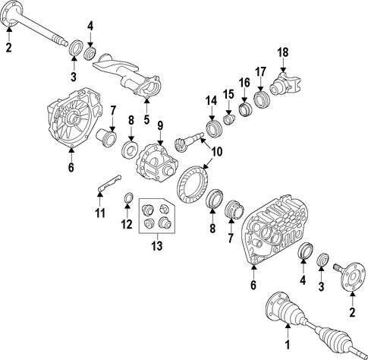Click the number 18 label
[x=283, y=52]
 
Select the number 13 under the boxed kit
[x=156, y=245]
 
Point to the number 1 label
[x=287, y=345]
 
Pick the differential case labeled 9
[x=157, y=162]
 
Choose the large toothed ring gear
[x=193, y=184]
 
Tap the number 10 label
[x=217, y=152]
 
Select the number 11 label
[x=100, y=213]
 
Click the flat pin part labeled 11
[x=109, y=183]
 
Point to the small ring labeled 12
[x=128, y=198]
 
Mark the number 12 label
[x=127, y=224]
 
